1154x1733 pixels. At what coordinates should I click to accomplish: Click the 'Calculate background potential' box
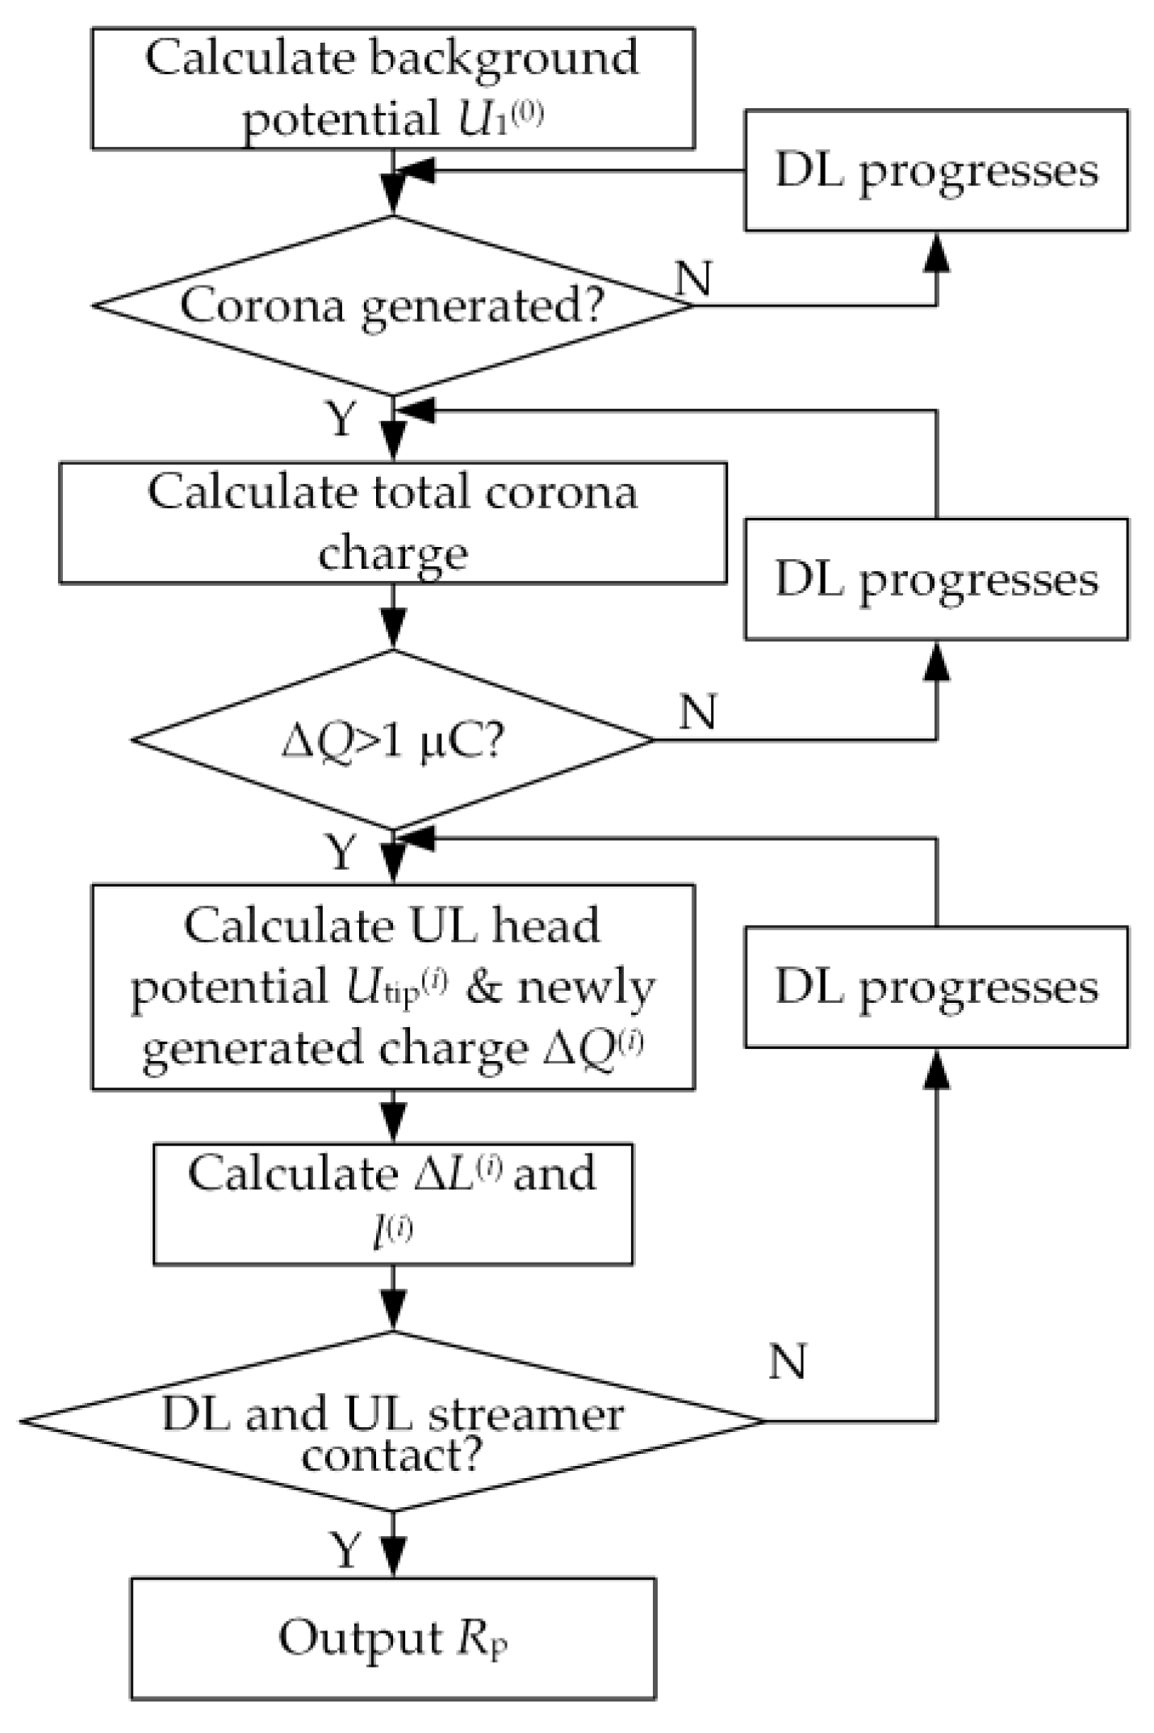coord(393,89)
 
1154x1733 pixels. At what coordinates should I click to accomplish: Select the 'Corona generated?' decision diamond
coord(393,306)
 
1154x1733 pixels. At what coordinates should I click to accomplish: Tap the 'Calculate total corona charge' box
coord(393,522)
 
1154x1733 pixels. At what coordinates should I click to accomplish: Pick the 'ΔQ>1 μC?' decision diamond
coord(393,739)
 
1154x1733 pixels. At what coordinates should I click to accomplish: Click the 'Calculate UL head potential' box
coord(393,987)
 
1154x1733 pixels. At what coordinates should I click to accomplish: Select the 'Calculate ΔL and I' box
coord(393,1203)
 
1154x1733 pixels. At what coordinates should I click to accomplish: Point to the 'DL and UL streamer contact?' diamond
coord(393,1421)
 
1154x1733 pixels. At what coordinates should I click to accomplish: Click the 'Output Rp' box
coord(393,1639)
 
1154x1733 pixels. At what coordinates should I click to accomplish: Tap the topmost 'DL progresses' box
coord(936,170)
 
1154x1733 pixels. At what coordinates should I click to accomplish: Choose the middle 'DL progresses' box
coord(936,579)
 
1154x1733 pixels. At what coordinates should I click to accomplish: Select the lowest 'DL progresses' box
coord(936,987)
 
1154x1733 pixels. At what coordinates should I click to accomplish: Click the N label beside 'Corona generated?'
coord(694,278)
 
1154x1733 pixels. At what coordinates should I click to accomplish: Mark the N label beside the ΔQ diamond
coord(698,712)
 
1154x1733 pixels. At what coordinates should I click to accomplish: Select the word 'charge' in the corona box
coord(393,553)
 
